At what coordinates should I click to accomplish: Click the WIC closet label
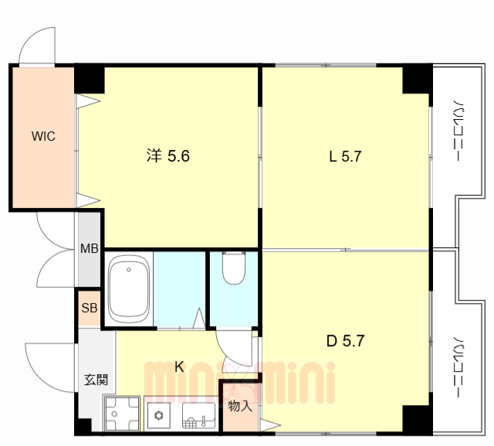(x=43, y=136)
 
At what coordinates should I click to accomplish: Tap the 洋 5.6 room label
(x=168, y=156)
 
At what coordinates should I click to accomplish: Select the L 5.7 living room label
(x=345, y=156)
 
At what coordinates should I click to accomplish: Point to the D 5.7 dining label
(x=345, y=341)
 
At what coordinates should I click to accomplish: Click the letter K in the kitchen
(x=179, y=366)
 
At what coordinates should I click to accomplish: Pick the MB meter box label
(x=90, y=249)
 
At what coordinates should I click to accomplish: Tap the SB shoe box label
(x=90, y=308)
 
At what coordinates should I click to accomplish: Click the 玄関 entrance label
(x=96, y=380)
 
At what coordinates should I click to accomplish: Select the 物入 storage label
(x=240, y=406)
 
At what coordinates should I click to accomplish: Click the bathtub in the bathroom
(x=129, y=289)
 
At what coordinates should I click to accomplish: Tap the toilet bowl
(x=234, y=268)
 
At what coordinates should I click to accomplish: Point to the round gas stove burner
(x=159, y=415)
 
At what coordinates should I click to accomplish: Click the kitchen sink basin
(x=199, y=415)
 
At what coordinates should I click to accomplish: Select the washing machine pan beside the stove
(x=122, y=414)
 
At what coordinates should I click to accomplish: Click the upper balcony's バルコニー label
(x=458, y=131)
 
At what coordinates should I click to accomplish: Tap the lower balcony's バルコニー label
(x=458, y=366)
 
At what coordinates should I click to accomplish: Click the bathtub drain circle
(x=129, y=270)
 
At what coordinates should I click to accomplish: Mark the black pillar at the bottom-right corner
(x=417, y=420)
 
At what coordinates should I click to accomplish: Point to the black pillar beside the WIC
(x=90, y=79)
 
